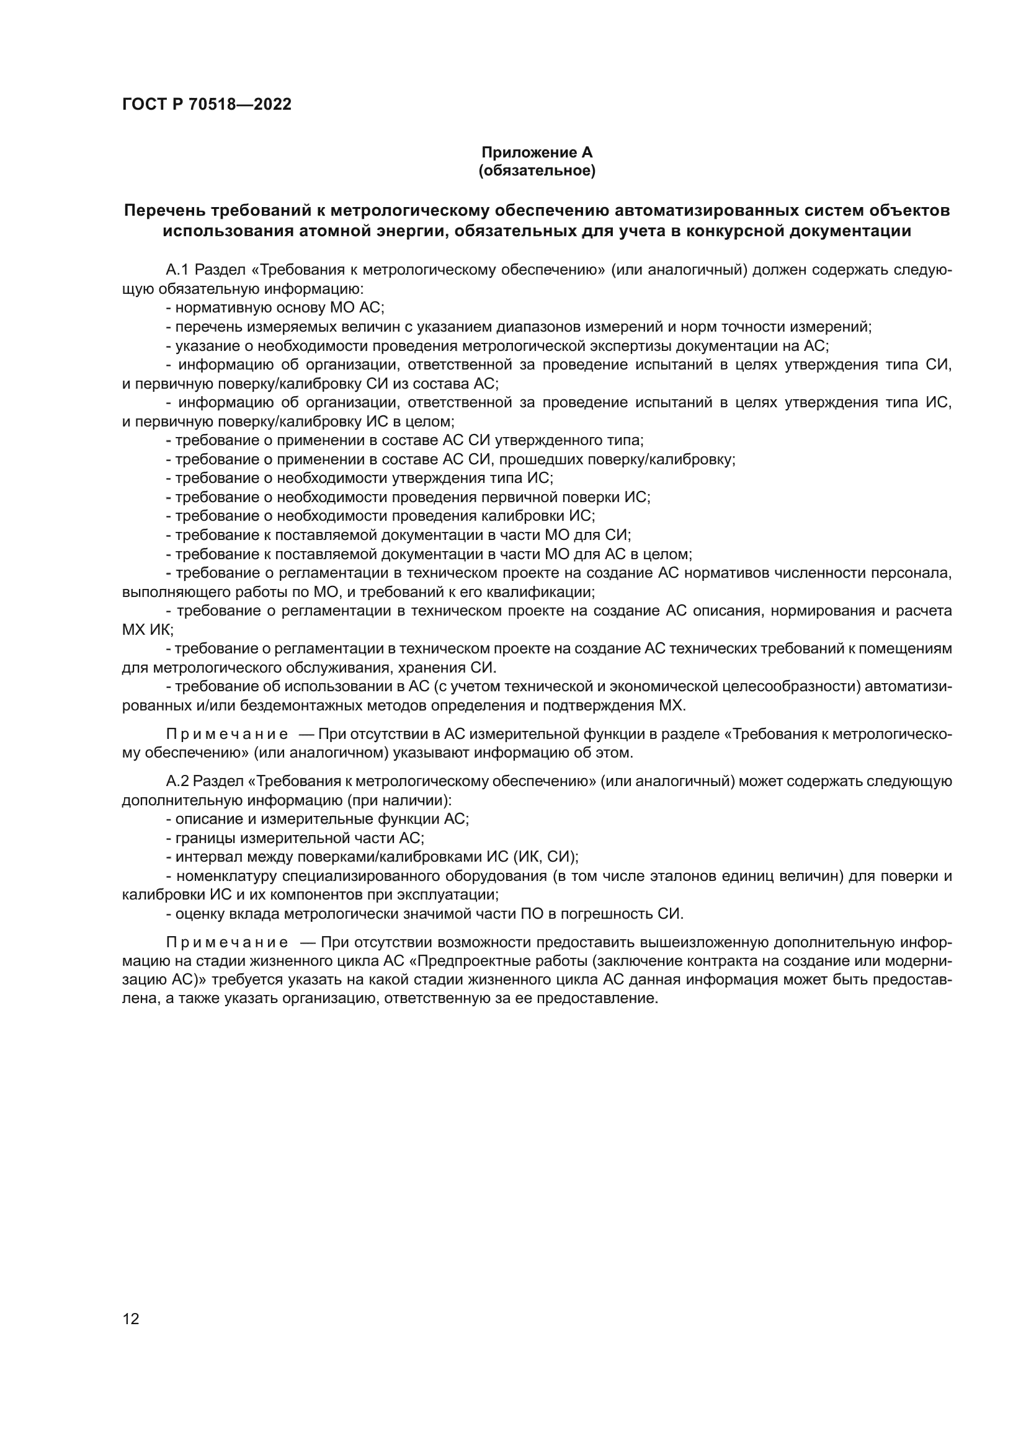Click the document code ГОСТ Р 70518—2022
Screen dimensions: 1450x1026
pyautogui.click(x=207, y=105)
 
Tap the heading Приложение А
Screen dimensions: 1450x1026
pyautogui.click(x=537, y=153)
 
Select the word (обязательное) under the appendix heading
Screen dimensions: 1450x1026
pyautogui.click(x=537, y=171)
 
